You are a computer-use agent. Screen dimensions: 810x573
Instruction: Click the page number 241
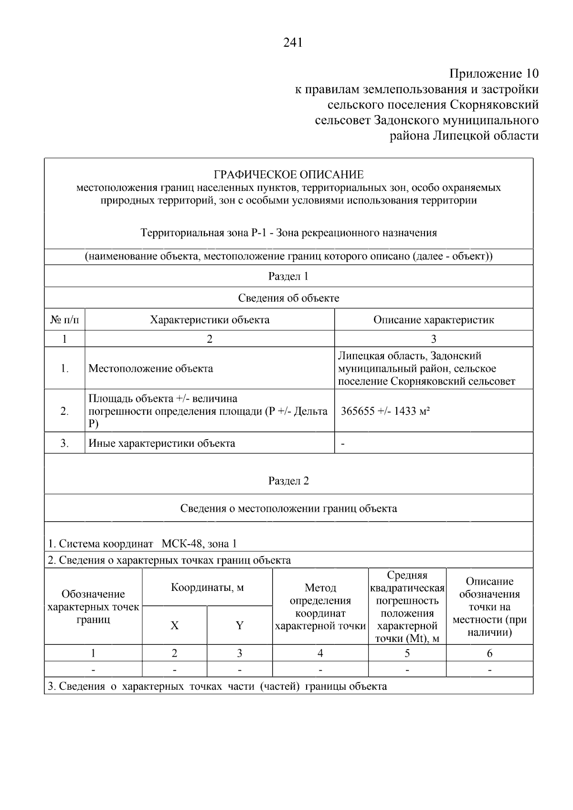[x=293, y=43]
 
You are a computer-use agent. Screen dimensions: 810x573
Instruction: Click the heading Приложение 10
[x=494, y=74]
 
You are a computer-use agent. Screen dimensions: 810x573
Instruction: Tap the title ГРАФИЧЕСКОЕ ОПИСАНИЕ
[x=288, y=175]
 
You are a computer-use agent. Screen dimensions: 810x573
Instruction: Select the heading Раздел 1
[x=288, y=276]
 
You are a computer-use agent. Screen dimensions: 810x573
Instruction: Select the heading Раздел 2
[x=288, y=481]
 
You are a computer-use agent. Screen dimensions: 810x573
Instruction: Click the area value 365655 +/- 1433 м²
[x=385, y=411]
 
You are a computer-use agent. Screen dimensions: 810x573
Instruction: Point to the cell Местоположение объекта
[x=151, y=368]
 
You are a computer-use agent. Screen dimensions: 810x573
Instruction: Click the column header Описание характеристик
[x=433, y=320]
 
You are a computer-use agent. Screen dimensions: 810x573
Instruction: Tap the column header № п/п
[x=64, y=320]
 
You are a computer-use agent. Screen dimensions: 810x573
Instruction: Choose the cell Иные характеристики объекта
[x=162, y=443]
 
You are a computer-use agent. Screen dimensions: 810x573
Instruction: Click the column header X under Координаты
[x=175, y=625]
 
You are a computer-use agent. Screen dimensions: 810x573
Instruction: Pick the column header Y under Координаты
[x=240, y=625]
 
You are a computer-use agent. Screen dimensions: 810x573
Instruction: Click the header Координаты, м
[x=207, y=588]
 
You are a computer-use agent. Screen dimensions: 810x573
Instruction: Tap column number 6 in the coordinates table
[x=489, y=653]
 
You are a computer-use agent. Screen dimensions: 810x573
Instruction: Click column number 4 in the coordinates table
[x=320, y=653]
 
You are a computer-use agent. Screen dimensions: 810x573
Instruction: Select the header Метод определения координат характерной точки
[x=320, y=607]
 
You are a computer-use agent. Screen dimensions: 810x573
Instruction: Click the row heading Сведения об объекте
[x=288, y=298]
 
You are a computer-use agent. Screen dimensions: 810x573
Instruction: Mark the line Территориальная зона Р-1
[x=288, y=233]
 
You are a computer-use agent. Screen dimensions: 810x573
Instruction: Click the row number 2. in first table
[x=64, y=411]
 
